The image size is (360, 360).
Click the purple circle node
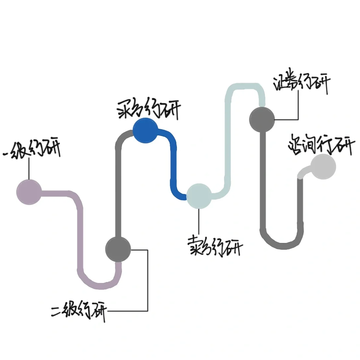[29, 192]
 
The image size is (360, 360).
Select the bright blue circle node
[145, 131]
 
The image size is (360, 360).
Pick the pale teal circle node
[199, 196]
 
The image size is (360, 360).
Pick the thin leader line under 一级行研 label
[29, 168]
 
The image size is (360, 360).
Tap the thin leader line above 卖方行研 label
[199, 222]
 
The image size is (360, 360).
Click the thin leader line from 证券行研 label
[298, 107]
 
